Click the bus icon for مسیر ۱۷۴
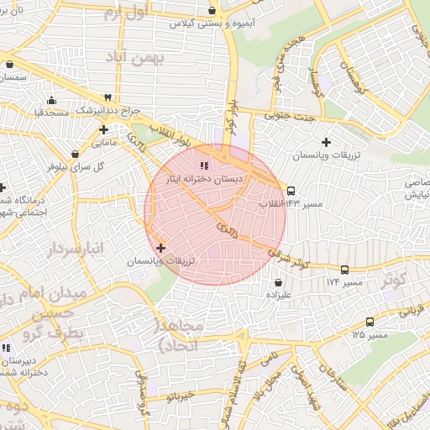[x=345, y=270]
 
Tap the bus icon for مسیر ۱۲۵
[x=370, y=322]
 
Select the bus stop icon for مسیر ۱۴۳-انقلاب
[x=291, y=191]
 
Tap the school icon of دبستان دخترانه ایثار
[x=205, y=165]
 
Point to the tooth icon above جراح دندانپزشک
[x=107, y=97]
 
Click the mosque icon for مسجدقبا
[x=51, y=100]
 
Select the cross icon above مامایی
[x=103, y=129]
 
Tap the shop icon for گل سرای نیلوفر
[x=76, y=154]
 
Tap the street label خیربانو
[x=181, y=394]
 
